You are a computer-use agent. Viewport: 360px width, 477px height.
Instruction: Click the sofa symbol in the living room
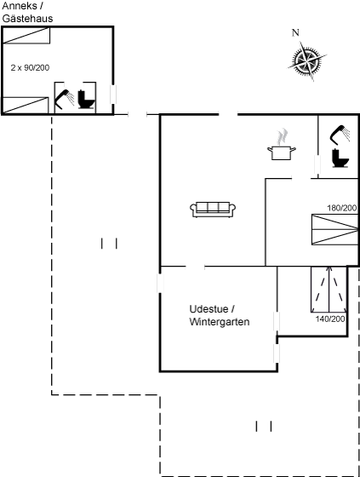point(213,210)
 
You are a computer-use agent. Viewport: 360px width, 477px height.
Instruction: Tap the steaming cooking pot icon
point(282,145)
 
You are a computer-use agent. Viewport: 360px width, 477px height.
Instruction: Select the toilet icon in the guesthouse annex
point(86,99)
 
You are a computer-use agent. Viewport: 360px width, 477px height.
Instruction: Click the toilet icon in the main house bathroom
point(340,158)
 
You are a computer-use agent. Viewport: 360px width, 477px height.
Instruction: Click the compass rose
point(307,60)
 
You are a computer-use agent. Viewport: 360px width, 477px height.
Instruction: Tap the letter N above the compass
point(295,32)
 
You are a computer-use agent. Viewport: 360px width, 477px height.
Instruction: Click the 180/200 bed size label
point(342,208)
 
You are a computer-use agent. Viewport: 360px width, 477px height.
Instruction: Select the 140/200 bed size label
point(330,319)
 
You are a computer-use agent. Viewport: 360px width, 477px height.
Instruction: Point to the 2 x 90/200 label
point(30,67)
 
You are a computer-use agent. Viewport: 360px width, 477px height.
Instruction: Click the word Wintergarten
point(220,322)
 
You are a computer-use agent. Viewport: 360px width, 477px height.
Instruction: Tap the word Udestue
point(209,309)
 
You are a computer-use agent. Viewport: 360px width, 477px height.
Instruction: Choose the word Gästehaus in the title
point(28,19)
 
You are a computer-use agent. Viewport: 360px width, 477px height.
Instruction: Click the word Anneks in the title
point(20,6)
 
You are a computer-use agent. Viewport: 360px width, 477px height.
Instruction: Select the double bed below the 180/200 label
point(335,230)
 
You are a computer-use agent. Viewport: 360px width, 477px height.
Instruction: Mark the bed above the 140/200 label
point(329,290)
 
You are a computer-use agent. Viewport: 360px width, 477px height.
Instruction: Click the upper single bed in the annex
point(26,36)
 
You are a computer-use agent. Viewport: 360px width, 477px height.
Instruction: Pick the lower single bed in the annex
point(26,106)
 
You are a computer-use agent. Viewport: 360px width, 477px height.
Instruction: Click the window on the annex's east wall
point(113,95)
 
